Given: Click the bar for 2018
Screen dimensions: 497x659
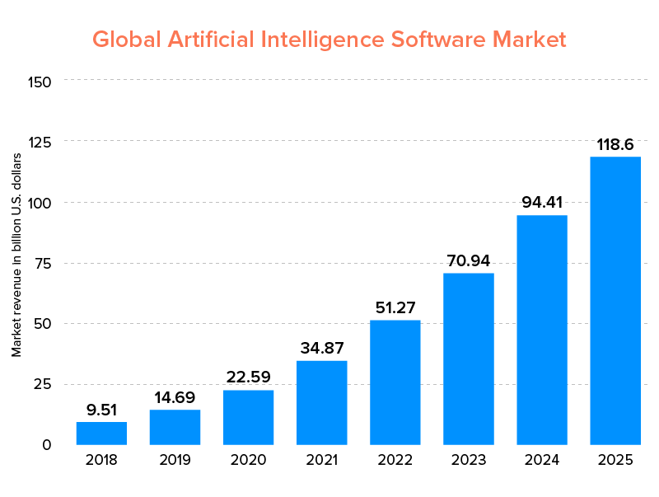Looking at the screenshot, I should [x=101, y=433].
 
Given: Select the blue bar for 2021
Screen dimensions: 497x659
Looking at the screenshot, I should [x=321, y=402].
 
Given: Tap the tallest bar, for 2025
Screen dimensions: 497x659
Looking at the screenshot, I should [x=615, y=300].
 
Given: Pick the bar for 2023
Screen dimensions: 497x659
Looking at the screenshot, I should [x=468, y=359].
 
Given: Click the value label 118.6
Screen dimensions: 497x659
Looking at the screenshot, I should [x=615, y=145].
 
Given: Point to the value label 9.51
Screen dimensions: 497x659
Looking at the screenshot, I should [x=101, y=410].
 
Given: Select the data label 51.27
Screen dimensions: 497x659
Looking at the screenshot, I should [x=395, y=307].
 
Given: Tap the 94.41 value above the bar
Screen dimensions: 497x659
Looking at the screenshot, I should [x=541, y=203].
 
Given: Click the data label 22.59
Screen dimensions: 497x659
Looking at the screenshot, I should [x=248, y=377].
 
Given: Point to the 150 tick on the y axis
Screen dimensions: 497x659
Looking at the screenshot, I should [x=40, y=82].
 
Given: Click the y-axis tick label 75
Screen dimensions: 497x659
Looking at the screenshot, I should [x=43, y=263].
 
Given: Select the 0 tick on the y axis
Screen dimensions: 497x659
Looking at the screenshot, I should [x=47, y=445].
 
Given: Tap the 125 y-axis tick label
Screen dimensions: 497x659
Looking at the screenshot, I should [x=40, y=142].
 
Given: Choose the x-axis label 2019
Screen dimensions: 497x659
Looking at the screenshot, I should [x=175, y=460].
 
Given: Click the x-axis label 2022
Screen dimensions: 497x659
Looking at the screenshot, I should [x=395, y=460].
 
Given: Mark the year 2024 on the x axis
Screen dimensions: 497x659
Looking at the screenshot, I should [x=541, y=460].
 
